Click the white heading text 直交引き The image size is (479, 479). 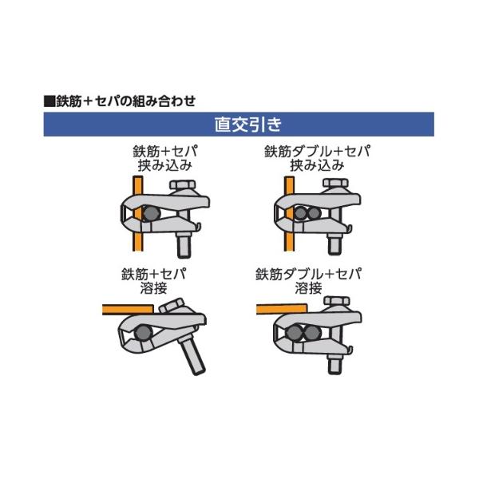tap(247, 125)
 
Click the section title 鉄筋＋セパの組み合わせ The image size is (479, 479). tap(126, 101)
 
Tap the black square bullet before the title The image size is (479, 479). tap(49, 101)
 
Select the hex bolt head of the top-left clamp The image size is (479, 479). tap(182, 184)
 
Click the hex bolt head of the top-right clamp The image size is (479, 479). tap(335, 183)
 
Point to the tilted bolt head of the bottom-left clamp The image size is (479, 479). tap(172, 306)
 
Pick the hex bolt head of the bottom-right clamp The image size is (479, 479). tap(337, 301)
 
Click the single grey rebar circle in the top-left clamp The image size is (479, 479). tap(152, 213)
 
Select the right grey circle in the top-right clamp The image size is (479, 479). tap(313, 213)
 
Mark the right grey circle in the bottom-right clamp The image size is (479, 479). tap(311, 333)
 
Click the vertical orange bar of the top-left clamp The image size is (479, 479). tap(138, 213)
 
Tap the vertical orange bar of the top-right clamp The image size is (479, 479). tap(289, 213)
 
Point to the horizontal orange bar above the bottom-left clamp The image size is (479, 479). tap(128, 309)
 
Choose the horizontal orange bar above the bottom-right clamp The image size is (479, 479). tap(281, 309)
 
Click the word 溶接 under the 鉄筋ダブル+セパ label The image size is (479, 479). tap(308, 288)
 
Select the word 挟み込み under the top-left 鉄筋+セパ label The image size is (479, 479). tap(165, 165)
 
